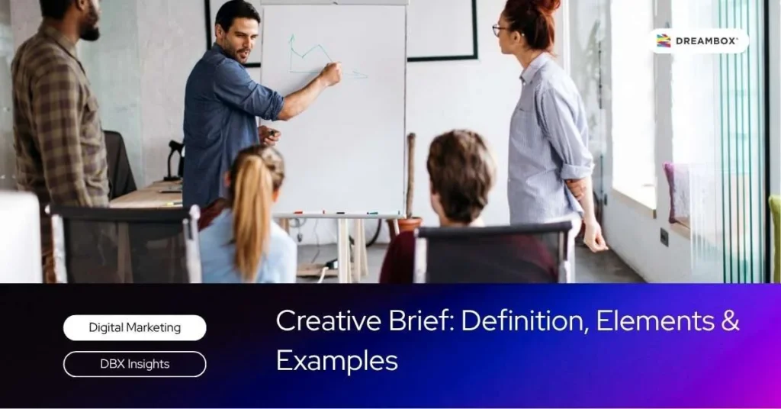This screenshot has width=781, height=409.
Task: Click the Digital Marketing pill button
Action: [x=134, y=328]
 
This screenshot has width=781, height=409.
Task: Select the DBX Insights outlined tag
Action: [x=134, y=364]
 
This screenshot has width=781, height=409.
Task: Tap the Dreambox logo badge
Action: [x=699, y=41]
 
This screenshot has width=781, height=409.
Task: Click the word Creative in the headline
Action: [x=329, y=320]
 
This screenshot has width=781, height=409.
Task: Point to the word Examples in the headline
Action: [x=337, y=360]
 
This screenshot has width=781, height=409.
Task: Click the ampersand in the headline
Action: [x=730, y=320]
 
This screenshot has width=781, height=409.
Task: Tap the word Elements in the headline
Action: [x=655, y=320]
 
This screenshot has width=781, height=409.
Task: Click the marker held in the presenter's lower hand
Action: [x=272, y=133]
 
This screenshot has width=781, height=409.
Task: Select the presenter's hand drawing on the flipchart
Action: [x=331, y=73]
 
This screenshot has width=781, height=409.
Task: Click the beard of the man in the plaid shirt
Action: [x=91, y=31]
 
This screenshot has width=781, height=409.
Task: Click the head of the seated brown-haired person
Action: [x=460, y=175]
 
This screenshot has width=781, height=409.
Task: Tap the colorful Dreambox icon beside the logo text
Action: [x=664, y=41]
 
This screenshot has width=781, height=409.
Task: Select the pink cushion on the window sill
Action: [x=678, y=192]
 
